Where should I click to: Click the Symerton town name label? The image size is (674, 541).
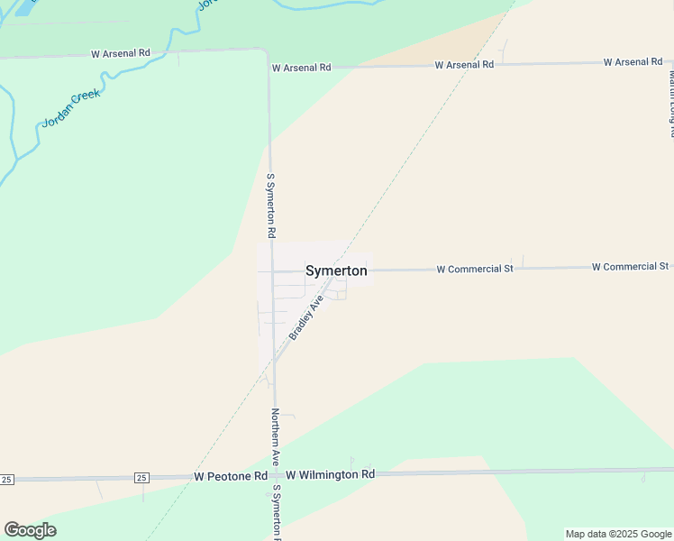click(336, 270)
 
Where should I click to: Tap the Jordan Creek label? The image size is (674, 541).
click(72, 107)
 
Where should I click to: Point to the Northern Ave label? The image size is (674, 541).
click(277, 438)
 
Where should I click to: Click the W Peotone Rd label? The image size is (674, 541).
click(231, 475)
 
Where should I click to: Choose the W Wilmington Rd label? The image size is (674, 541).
click(330, 474)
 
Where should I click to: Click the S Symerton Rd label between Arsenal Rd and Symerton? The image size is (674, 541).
click(270, 206)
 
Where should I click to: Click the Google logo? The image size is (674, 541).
click(30, 530)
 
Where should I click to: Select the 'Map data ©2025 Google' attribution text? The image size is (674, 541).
click(618, 534)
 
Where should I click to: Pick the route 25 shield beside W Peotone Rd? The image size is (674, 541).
click(141, 476)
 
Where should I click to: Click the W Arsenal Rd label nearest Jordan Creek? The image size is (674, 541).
click(120, 54)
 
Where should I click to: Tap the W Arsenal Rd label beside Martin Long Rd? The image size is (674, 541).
click(633, 62)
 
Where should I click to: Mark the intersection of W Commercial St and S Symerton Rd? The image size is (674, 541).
click(272, 270)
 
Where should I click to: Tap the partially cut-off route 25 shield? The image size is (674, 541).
click(6, 478)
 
